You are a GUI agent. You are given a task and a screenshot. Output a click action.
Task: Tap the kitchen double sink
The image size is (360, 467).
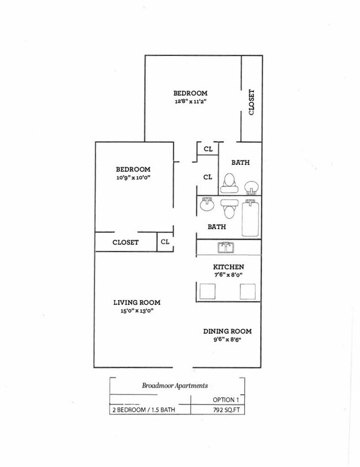coord(227,247)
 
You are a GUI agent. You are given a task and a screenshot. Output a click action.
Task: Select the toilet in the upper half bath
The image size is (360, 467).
coord(229,183)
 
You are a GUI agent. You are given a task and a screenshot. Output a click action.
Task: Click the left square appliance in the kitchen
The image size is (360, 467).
coord(208,292)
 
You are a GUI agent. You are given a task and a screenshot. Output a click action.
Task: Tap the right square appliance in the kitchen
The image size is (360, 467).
coord(247,292)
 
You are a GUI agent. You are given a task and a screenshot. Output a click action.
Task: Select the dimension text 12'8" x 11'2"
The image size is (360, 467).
coord(190,102)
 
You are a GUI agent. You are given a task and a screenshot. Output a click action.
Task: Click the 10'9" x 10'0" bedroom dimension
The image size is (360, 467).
coord(133,178)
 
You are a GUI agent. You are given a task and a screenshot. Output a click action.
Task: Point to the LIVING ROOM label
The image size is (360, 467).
coord(137,302)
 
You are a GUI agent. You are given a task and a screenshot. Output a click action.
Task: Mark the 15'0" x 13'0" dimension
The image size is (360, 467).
coord(137,311)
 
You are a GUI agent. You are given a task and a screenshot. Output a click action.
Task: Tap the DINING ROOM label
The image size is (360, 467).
coord(227,331)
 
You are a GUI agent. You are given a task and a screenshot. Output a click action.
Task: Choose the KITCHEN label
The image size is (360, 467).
coord(228,267)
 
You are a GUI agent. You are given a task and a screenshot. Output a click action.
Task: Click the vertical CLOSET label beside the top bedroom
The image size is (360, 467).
coord(251,102)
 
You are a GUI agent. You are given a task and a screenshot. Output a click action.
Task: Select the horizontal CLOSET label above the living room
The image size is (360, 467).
coord(125,242)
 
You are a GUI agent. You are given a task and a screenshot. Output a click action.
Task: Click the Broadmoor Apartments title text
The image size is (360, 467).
coord(175,386)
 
